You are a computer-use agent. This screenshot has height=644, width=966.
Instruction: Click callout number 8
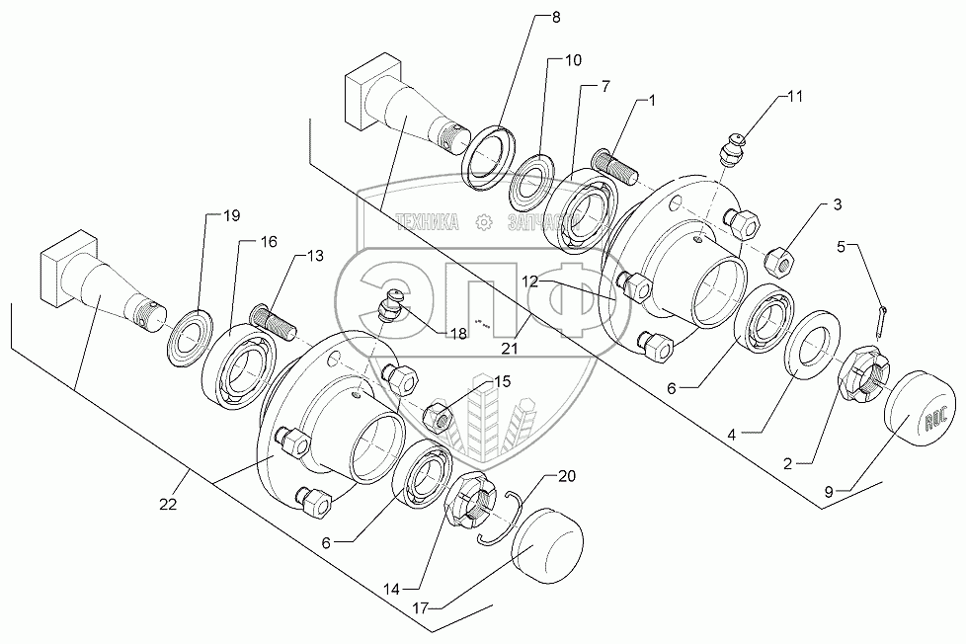click(x=555, y=18)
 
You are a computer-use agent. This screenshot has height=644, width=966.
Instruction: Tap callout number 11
click(x=796, y=97)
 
